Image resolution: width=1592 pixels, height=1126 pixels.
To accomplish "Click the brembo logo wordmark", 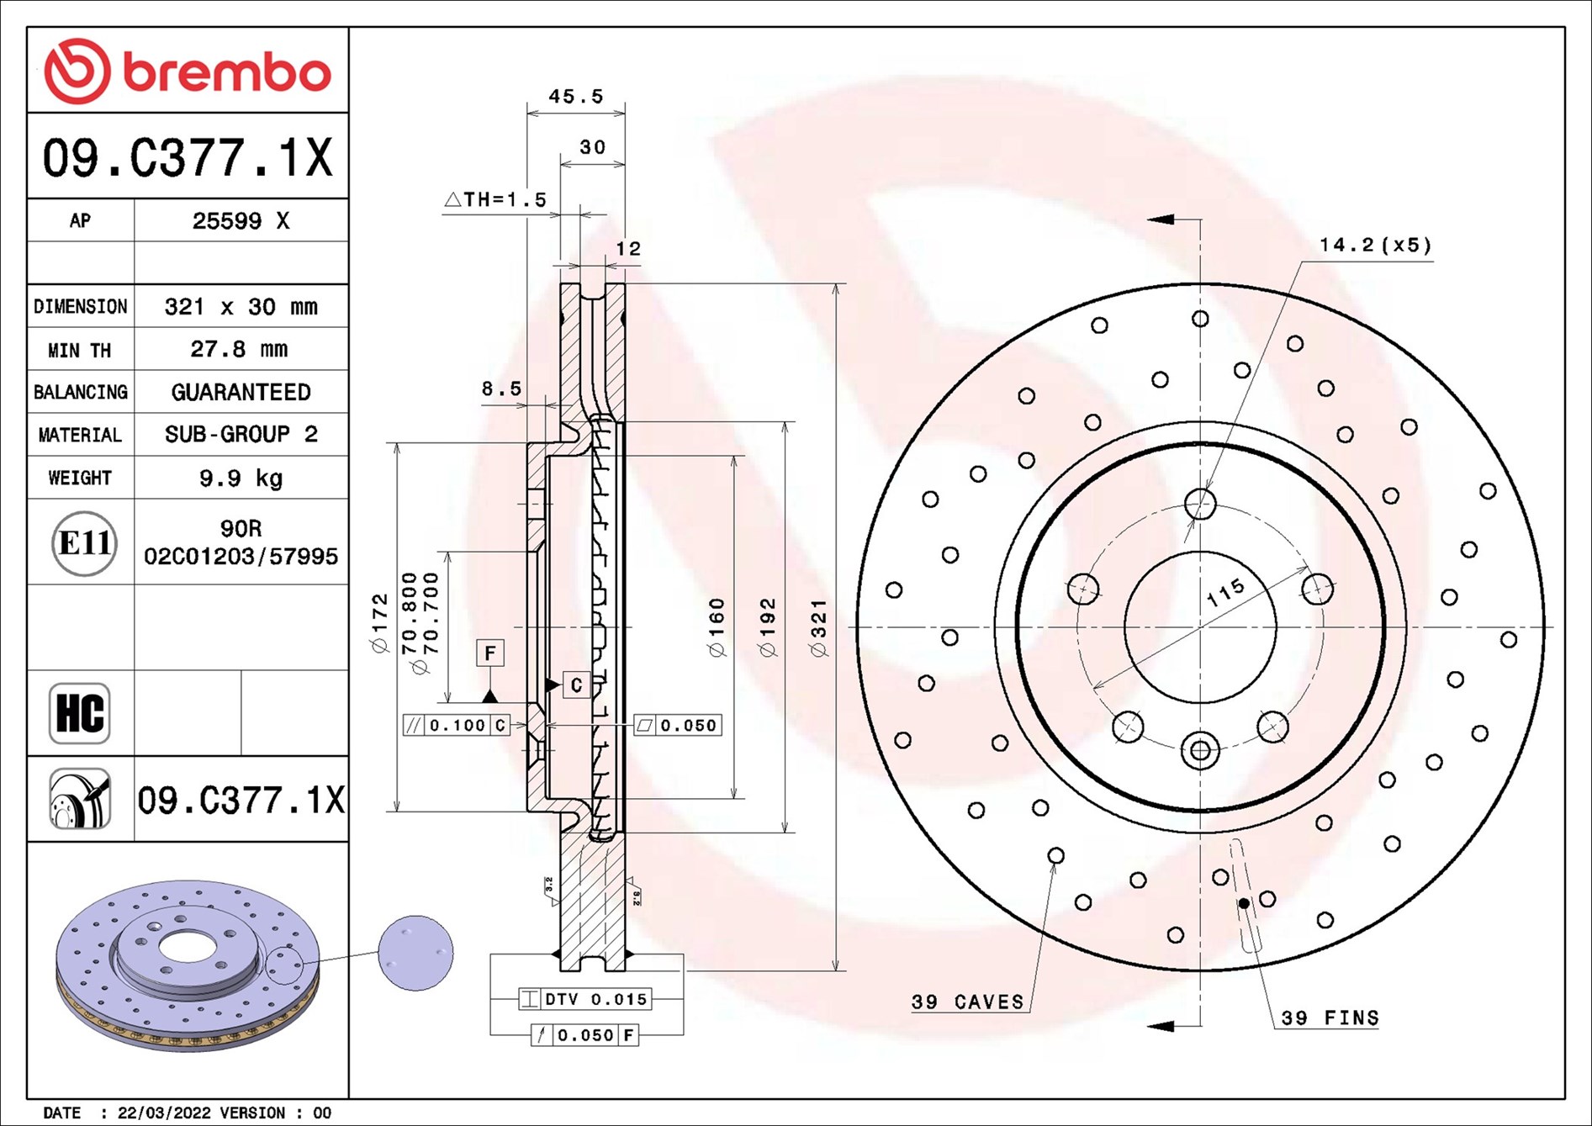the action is [227, 72].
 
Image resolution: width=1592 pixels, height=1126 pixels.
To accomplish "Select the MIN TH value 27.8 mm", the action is [240, 349].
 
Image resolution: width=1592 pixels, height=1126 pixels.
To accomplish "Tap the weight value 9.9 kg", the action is [241, 478].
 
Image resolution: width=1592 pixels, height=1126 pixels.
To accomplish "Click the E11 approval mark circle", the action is [83, 543].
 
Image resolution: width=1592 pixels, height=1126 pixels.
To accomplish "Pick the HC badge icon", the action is [80, 713].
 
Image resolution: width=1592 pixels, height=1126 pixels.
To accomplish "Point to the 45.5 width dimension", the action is [576, 97].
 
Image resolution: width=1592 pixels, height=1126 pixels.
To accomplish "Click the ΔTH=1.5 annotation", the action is [495, 199].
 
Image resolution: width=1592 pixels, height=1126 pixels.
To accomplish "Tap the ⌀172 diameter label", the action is [379, 623].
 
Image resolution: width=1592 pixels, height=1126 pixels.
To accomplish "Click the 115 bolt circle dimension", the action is [1224, 593].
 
